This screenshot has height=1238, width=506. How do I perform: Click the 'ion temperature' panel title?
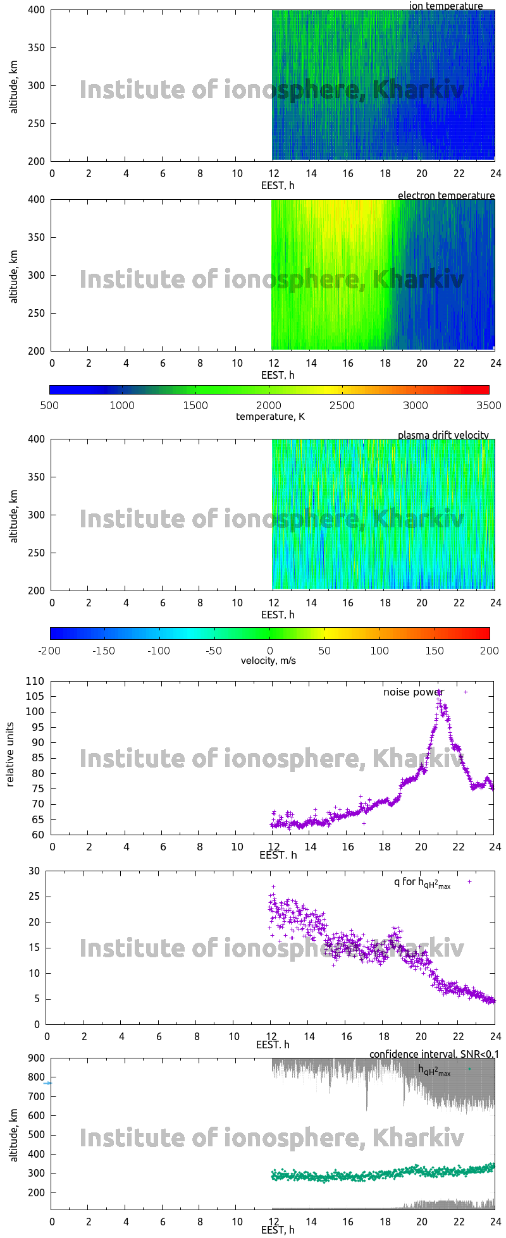pos(446,6)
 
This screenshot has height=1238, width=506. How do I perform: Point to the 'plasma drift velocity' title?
pos(443,435)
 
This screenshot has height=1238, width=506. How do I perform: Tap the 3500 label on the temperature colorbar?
pos(488,405)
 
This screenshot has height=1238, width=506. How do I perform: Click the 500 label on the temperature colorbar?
pos(49,405)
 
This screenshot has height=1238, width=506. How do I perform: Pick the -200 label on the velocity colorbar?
pos(49,650)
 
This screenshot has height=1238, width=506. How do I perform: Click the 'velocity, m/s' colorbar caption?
pos(268,661)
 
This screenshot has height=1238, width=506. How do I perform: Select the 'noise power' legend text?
pos(413,692)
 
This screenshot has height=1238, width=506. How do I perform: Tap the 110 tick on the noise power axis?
pos(35,682)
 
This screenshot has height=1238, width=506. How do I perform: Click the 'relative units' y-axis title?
pos(10,757)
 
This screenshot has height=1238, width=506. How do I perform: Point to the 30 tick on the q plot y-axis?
pos(34,871)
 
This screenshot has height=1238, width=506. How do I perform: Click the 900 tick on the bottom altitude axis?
pos(35,1058)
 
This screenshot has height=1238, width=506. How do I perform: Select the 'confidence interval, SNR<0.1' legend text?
pos(434,1054)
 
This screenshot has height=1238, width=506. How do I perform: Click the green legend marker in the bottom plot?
pos(469,1069)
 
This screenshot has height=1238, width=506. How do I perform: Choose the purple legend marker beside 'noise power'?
pos(466,692)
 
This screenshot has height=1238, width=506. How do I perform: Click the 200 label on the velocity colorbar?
pos(488,650)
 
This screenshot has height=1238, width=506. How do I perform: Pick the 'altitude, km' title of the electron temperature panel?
pos(14,276)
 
